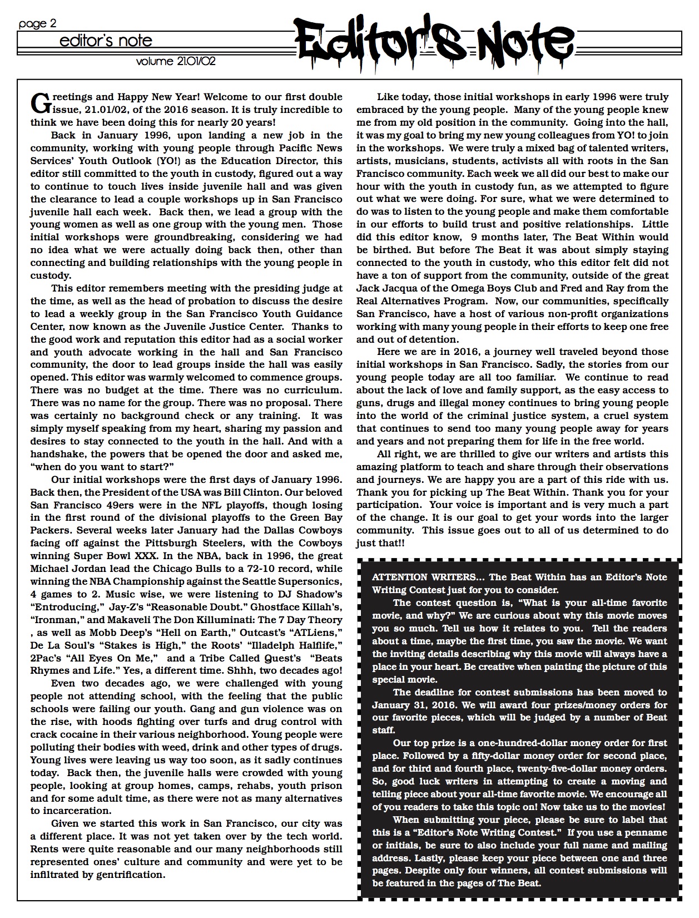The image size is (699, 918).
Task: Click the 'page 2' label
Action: (38, 23)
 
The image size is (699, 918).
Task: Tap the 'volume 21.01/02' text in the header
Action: (176, 61)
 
